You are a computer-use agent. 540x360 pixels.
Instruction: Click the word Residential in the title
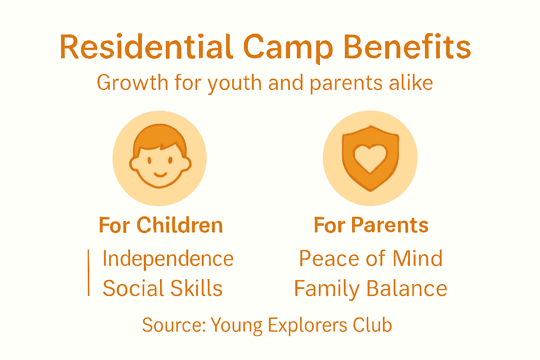click(146, 47)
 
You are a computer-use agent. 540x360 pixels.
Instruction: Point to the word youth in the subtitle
click(234, 84)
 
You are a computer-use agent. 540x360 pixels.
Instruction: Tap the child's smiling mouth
click(160, 174)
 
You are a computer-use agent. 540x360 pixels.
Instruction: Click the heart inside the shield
click(370, 157)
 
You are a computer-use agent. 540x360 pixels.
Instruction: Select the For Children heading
click(161, 225)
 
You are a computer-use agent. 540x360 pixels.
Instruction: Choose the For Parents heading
click(371, 225)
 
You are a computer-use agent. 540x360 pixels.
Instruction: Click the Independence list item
click(168, 259)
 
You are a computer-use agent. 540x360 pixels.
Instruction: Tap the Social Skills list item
click(162, 289)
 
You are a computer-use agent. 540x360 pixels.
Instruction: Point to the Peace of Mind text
click(371, 259)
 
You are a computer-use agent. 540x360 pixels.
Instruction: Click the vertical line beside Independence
click(89, 273)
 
